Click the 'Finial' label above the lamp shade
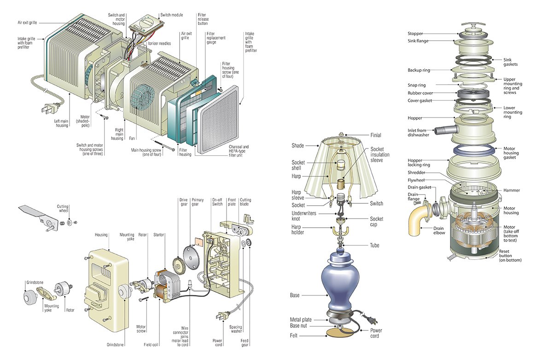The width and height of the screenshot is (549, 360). tap(376, 136)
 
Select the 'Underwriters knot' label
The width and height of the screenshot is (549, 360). tap(304, 216)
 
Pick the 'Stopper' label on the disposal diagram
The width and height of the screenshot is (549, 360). tap(415, 34)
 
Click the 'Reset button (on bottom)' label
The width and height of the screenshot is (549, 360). tap(510, 256)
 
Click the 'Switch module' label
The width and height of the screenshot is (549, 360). tap(171, 15)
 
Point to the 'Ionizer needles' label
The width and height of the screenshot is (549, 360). tap(160, 43)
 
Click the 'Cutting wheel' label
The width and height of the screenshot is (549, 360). tap(63, 209)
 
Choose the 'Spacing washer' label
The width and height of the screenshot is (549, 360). tap(236, 330)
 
